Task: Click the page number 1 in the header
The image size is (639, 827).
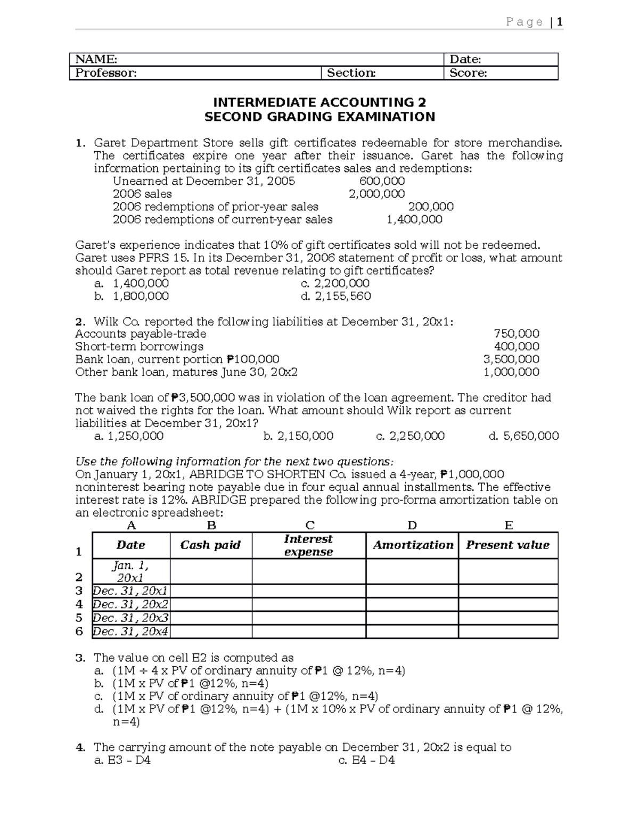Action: click(560, 22)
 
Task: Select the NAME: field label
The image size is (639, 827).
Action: click(96, 59)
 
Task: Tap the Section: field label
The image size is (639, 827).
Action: click(351, 73)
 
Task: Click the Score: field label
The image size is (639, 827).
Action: click(468, 73)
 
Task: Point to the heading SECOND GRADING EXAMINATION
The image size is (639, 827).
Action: click(319, 117)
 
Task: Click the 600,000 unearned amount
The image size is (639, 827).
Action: click(382, 181)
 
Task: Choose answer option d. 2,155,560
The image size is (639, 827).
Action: click(336, 296)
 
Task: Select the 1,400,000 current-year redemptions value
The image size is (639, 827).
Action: click(414, 219)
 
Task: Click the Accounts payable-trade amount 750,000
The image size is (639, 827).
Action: click(517, 334)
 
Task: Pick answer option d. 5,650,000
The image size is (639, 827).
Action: click(523, 436)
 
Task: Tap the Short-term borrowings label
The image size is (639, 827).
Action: click(139, 347)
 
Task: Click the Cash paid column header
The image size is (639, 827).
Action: click(210, 545)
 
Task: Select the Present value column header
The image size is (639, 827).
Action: click(507, 545)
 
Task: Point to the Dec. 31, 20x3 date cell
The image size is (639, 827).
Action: click(131, 618)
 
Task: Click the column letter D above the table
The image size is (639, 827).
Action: click(412, 526)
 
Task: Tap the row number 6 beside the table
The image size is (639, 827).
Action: click(79, 632)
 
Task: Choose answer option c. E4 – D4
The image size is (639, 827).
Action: click(367, 760)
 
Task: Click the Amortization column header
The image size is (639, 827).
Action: click(413, 545)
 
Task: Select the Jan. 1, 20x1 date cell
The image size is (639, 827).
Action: click(131, 571)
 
